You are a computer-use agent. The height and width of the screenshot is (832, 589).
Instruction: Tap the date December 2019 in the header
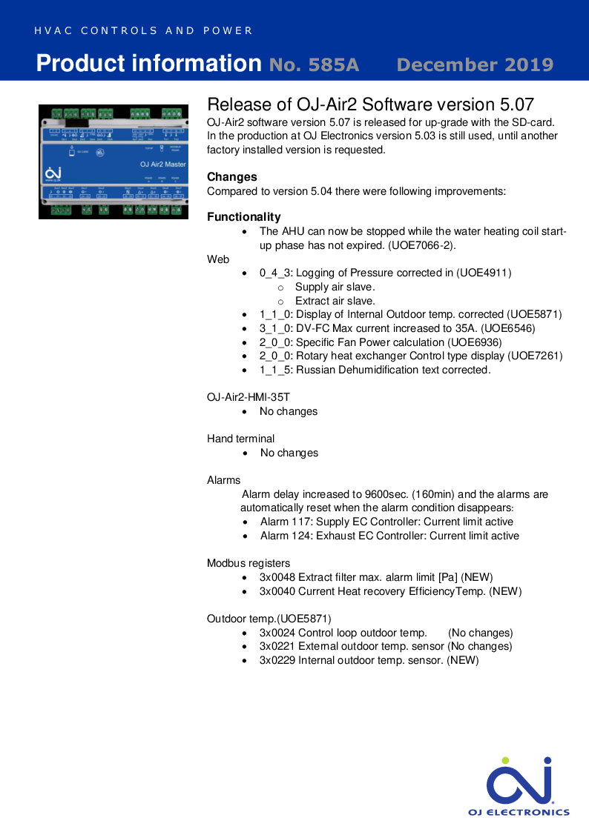pos(475,64)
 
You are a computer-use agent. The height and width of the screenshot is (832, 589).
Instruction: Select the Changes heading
pos(232,177)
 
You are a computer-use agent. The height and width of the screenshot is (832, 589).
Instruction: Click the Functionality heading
pos(244,217)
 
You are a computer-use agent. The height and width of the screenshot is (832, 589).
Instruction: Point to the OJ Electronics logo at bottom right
pos(519,787)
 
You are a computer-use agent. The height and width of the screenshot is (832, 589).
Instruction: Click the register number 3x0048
pos(277,577)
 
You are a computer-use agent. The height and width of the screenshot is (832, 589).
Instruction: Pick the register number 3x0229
pos(277,660)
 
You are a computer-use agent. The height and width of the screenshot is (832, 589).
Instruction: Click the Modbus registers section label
pos(249,564)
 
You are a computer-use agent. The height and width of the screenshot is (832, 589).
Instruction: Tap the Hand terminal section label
pos(240,439)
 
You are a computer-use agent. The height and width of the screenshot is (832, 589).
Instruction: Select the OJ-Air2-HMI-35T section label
pos(249,397)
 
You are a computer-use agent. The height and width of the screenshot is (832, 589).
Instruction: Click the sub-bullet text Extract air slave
pos(335,301)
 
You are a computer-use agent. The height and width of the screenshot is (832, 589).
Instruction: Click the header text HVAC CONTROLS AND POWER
pos(144,31)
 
